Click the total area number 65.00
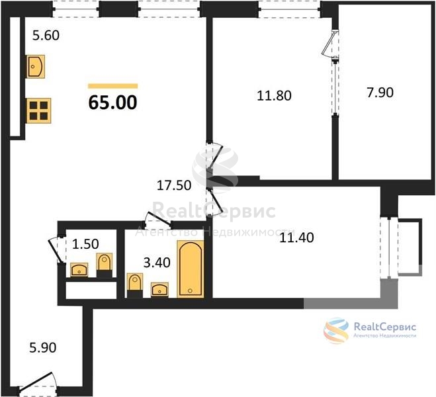(x=112, y=103)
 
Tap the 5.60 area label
(x=46, y=36)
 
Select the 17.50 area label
(x=174, y=185)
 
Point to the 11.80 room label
(x=274, y=96)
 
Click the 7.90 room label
(x=380, y=93)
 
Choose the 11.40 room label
(x=296, y=238)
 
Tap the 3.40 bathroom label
(x=157, y=263)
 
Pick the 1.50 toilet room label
(x=85, y=244)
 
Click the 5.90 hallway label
(x=43, y=348)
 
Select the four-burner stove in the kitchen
(x=38, y=110)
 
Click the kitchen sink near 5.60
(x=36, y=66)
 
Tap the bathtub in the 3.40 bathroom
(x=191, y=269)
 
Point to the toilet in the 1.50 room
(x=105, y=265)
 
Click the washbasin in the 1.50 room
(x=79, y=270)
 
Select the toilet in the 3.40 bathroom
(x=135, y=286)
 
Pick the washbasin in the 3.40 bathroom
(x=159, y=289)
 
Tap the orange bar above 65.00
(x=113, y=86)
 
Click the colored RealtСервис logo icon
(x=336, y=331)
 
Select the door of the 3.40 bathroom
(x=158, y=219)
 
